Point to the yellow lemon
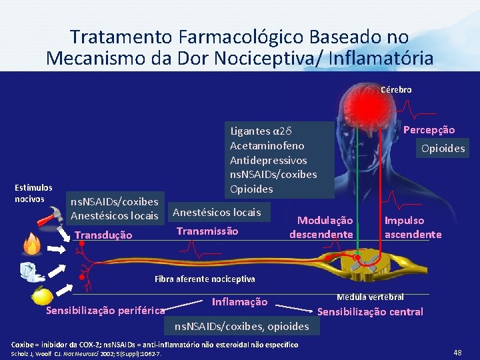[x=43, y=294]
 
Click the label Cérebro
[x=396, y=89]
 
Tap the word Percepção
[x=429, y=130]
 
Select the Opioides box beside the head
[x=443, y=148]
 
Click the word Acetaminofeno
[x=267, y=145]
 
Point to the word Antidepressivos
[x=268, y=160]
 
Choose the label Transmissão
[x=207, y=231]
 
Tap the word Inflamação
[x=239, y=302]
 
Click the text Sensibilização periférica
[x=105, y=311]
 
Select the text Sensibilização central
[x=369, y=311]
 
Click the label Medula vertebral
[x=370, y=297]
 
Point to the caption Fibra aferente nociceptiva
[x=205, y=278]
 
